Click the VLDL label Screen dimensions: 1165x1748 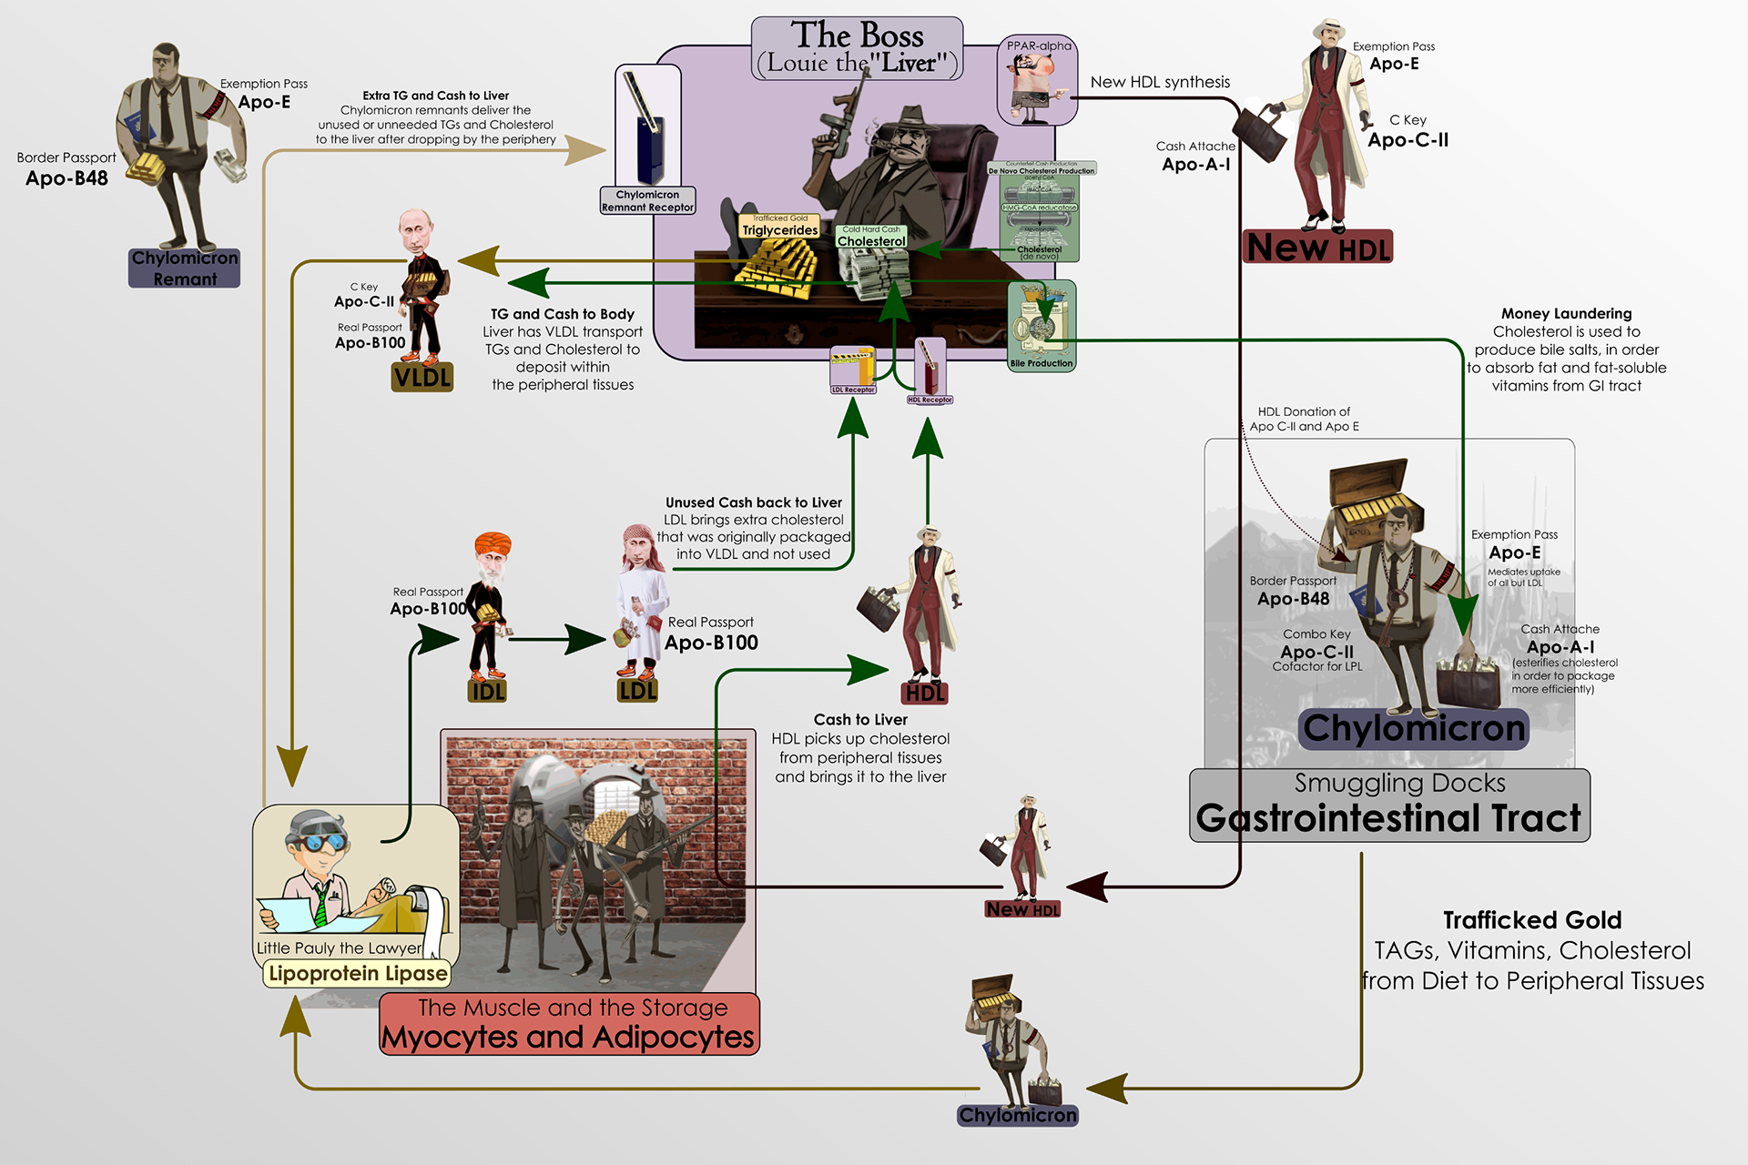[x=422, y=377]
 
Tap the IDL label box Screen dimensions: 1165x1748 [x=488, y=692]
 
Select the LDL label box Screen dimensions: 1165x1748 [x=637, y=691]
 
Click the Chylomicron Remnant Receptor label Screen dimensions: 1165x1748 [x=647, y=201]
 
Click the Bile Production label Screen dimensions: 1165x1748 [x=1042, y=363]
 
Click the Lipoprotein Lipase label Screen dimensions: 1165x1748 [x=358, y=974]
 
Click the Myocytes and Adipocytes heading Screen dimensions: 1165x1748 [x=568, y=1037]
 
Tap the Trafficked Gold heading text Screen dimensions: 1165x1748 [x=1532, y=920]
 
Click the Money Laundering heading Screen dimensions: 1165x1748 [x=1566, y=314]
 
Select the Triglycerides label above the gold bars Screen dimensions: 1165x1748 [x=780, y=230]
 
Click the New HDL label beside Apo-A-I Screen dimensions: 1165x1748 [x=1317, y=248]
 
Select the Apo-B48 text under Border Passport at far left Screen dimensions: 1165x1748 [x=66, y=178]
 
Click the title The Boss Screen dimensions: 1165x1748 [x=857, y=35]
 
